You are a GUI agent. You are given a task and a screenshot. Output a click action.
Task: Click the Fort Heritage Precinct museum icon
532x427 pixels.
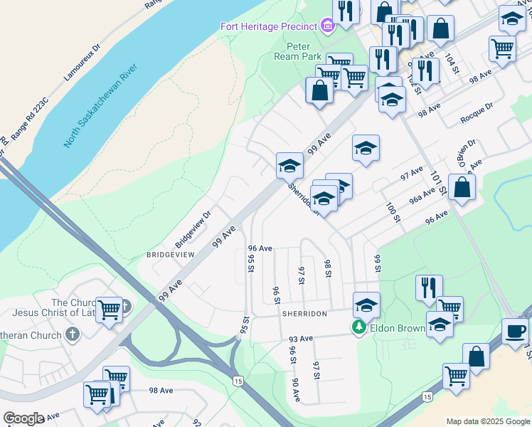pos(327,26)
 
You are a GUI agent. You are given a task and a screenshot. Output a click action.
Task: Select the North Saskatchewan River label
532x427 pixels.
pos(100,106)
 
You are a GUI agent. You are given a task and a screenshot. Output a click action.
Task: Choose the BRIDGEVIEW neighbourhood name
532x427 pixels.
pos(170,254)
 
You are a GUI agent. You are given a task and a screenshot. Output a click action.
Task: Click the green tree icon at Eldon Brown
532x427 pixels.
pos(360,327)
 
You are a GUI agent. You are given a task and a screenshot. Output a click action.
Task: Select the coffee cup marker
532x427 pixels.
pos(515,330)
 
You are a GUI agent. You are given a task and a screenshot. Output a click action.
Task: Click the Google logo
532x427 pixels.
pos(23,418)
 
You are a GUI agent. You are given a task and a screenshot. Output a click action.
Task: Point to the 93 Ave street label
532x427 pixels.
pos(301,338)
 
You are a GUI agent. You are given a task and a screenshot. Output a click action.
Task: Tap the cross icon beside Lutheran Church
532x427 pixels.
pos(72,333)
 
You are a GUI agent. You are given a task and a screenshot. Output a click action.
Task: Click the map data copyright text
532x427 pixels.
pos(488,421)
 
